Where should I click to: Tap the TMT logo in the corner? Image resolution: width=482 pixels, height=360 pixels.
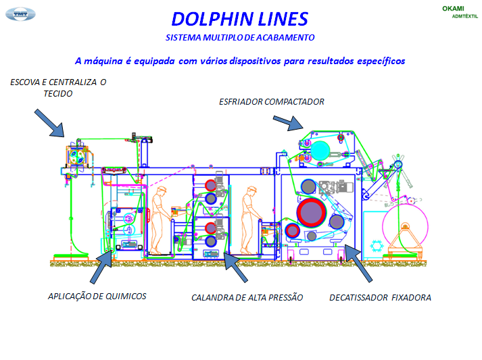(x=21, y=12)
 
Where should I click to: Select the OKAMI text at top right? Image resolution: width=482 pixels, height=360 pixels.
(x=454, y=8)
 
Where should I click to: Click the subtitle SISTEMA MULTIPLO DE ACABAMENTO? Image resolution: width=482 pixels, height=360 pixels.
(x=240, y=37)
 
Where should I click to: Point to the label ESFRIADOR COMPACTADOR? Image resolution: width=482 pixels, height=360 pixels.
(x=272, y=102)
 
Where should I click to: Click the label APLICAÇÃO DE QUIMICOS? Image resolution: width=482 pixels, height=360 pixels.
(x=97, y=296)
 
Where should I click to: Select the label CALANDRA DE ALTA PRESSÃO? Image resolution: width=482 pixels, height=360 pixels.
(x=247, y=297)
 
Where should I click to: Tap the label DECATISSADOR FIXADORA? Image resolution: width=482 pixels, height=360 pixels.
(x=380, y=297)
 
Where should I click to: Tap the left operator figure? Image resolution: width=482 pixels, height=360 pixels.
(x=160, y=220)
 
